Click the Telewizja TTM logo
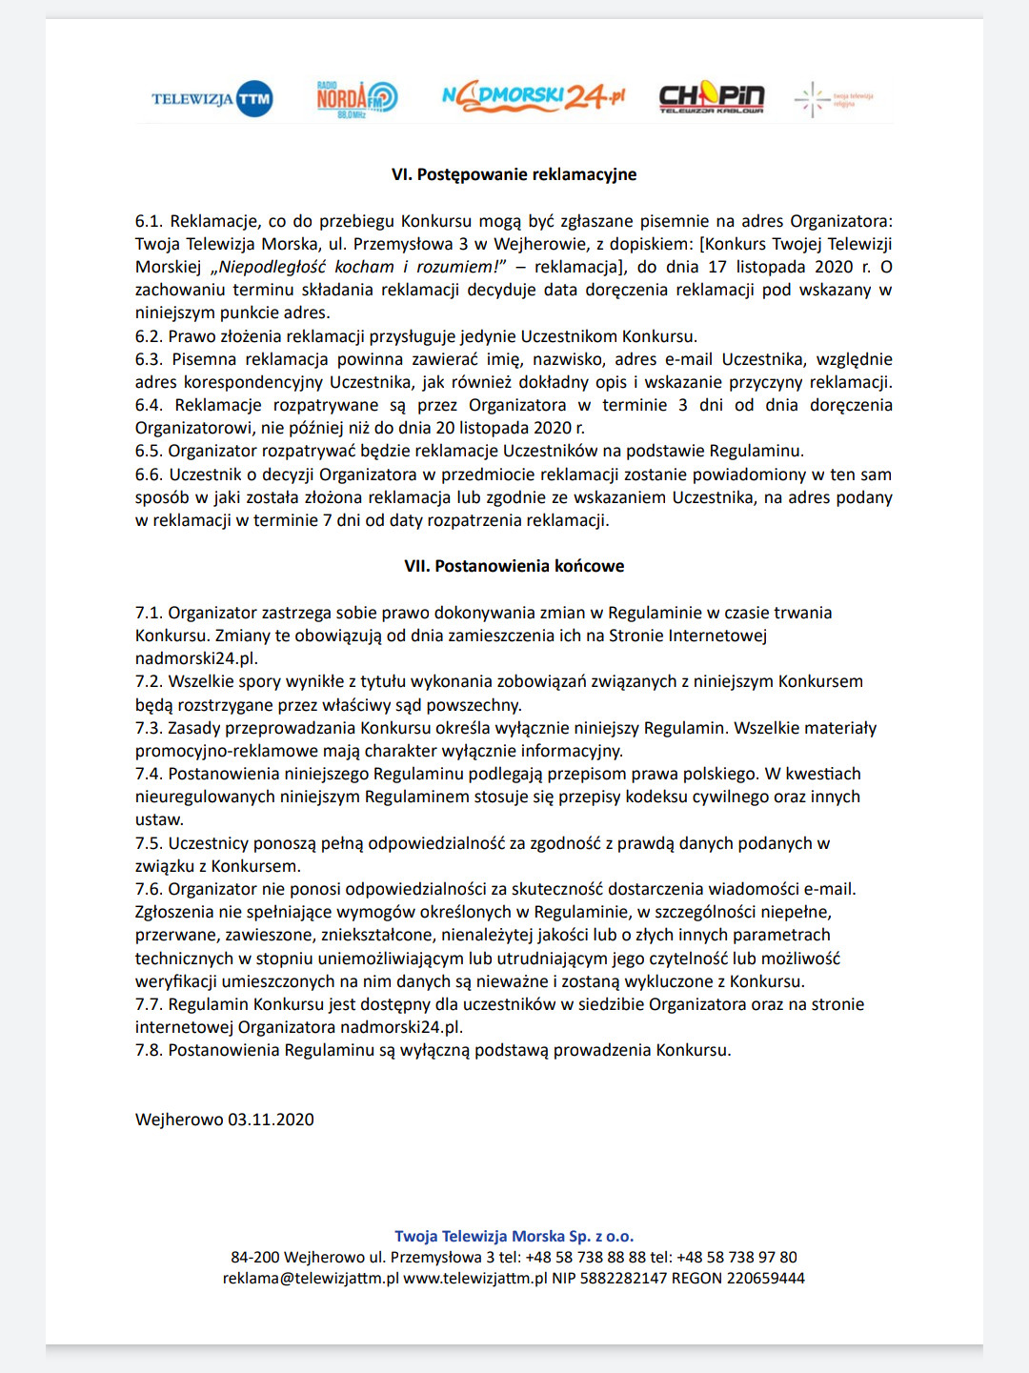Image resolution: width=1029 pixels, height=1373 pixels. [212, 99]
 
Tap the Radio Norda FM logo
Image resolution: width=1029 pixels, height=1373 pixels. [356, 98]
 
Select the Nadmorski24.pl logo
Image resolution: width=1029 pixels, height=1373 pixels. [534, 96]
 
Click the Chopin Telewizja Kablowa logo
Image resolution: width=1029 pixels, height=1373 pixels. [712, 97]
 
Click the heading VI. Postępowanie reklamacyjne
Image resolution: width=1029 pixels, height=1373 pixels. [514, 174]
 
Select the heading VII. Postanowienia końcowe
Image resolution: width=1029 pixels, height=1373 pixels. [514, 566]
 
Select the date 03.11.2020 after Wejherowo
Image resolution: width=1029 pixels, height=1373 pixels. [271, 1120]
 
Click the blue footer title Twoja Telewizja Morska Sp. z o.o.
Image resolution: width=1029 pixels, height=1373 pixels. [514, 1236]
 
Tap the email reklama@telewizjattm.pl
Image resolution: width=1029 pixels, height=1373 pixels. [311, 1278]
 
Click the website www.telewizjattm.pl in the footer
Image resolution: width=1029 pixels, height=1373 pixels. [474, 1278]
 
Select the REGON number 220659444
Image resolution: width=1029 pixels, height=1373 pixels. [765, 1278]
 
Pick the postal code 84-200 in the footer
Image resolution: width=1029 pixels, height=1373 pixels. [255, 1257]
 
